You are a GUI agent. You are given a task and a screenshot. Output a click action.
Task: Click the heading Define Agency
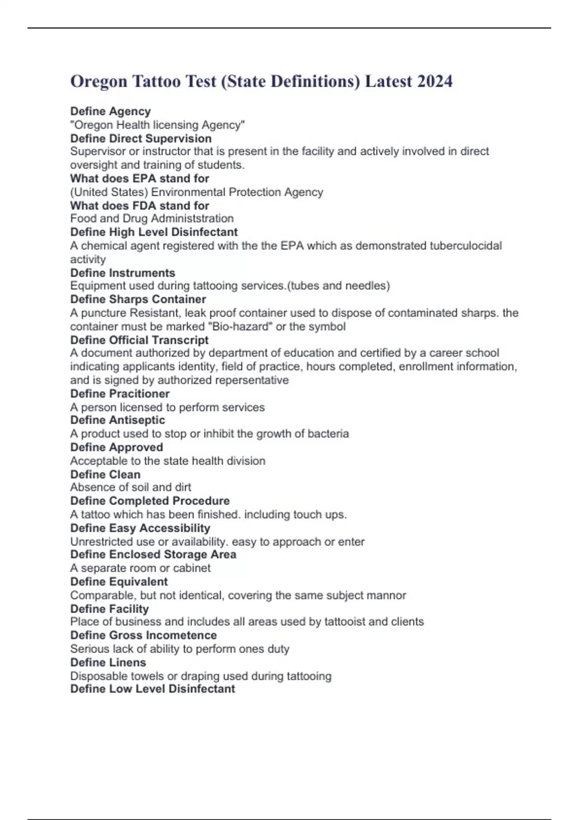(110, 111)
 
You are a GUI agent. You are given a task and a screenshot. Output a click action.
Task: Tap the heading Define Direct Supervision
(141, 138)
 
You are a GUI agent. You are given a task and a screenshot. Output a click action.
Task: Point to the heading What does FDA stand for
(139, 205)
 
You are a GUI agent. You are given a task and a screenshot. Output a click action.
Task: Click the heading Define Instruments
(123, 273)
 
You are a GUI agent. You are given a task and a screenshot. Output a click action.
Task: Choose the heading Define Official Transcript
(139, 340)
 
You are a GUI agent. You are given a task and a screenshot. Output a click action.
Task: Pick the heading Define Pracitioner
(120, 394)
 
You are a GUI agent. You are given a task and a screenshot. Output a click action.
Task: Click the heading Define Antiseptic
(118, 420)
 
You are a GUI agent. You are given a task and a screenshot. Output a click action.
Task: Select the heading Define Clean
(105, 474)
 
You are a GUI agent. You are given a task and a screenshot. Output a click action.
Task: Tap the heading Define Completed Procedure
(150, 501)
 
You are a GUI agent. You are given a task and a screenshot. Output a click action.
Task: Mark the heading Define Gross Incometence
(143, 635)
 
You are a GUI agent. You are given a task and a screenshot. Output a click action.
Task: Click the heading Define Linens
(108, 662)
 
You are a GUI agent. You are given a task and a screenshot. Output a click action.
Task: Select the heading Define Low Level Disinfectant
(152, 689)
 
